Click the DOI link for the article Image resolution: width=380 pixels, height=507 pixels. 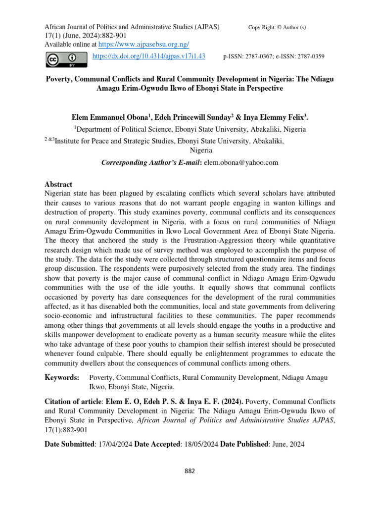149,56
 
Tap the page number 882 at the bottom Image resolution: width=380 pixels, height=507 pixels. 190,471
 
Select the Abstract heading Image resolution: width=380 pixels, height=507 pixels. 58,184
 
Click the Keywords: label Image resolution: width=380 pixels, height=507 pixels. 62,378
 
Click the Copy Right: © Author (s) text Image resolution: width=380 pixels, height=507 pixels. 277,27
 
